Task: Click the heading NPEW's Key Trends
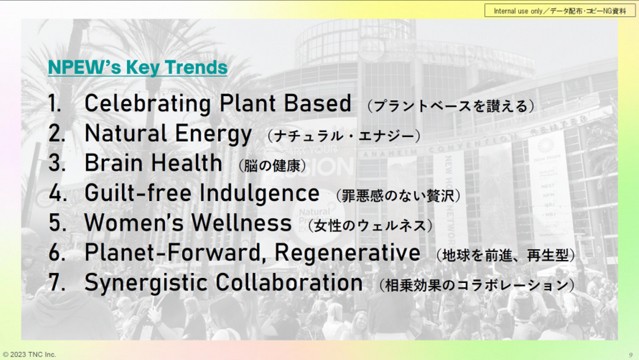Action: [138, 67]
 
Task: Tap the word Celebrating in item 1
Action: [148, 104]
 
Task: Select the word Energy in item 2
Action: [213, 135]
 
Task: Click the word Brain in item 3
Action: [114, 163]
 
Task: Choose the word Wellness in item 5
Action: [241, 223]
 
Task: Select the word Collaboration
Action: [289, 282]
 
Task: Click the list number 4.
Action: [58, 193]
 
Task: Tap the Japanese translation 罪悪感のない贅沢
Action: [398, 196]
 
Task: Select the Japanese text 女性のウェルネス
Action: [370, 226]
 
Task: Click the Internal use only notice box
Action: [560, 11]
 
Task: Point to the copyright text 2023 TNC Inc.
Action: [29, 355]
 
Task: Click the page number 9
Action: [631, 355]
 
